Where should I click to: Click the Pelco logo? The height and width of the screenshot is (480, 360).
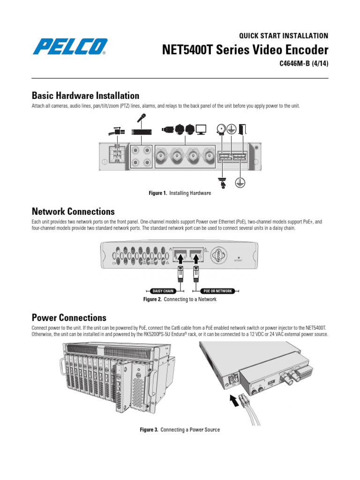tap(70, 47)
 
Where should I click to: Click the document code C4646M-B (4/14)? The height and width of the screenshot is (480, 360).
tap(300, 64)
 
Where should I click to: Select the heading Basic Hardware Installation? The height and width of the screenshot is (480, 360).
tap(85, 96)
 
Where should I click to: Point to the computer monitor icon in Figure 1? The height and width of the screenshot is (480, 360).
tap(201, 129)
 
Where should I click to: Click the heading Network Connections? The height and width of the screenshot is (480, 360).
tap(73, 211)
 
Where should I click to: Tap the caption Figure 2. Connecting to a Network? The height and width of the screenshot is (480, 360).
tap(180, 299)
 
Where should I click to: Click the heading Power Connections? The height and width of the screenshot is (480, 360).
tap(69, 317)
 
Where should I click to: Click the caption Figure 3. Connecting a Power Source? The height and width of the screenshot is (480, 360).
tap(180, 429)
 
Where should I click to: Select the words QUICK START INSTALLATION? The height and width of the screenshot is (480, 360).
tap(284, 36)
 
